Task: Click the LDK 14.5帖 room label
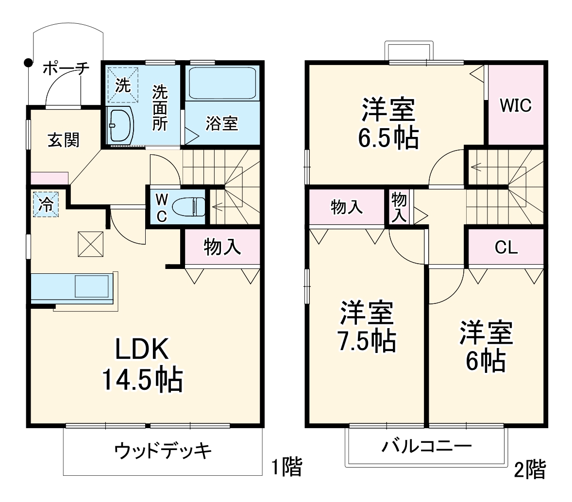point(142,364)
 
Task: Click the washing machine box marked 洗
point(122,85)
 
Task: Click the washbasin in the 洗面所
point(120,125)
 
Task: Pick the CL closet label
point(506,248)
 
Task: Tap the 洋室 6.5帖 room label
point(388,124)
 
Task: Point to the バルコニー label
point(426,446)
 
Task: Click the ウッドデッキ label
point(163,451)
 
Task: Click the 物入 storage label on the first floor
point(222,247)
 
